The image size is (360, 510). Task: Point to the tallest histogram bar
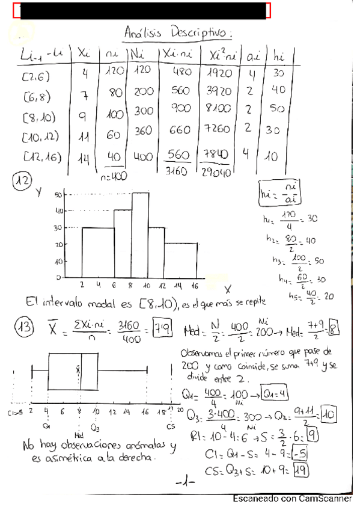tap(140, 235)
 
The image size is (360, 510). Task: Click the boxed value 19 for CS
tap(301, 472)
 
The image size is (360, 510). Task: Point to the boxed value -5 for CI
tap(300, 452)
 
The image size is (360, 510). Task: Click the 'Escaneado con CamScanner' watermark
tap(292, 499)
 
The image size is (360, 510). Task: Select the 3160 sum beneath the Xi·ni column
tap(177, 171)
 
